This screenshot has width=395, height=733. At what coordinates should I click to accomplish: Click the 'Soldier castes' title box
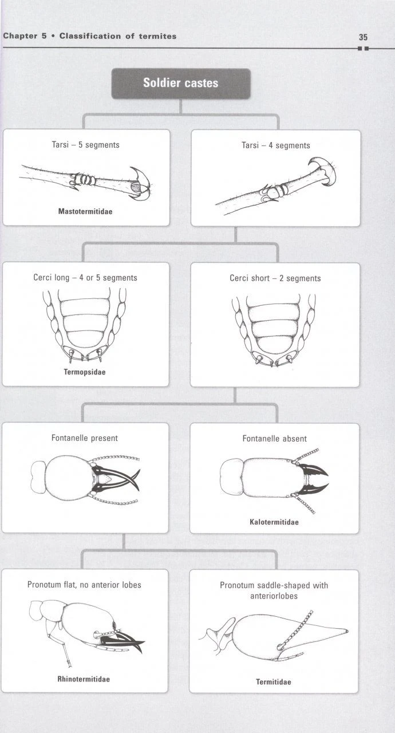click(180, 84)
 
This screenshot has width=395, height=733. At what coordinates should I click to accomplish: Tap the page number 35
click(363, 37)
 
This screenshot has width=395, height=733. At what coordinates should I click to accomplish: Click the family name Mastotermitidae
click(85, 211)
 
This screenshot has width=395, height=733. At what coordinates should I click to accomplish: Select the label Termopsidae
click(84, 372)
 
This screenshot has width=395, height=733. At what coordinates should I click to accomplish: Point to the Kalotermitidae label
click(274, 522)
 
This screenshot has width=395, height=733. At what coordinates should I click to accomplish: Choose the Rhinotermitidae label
click(84, 679)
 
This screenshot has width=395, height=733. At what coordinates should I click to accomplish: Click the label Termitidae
click(273, 681)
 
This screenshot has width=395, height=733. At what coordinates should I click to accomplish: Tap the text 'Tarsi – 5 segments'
click(85, 145)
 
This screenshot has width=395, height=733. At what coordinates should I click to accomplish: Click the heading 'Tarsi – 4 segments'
click(275, 145)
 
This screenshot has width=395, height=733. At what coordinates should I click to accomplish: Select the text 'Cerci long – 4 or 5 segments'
click(85, 278)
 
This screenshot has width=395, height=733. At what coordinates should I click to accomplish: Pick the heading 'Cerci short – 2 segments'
click(275, 278)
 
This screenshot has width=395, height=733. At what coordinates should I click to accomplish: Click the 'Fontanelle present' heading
click(85, 438)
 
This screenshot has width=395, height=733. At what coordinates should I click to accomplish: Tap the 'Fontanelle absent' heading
click(274, 439)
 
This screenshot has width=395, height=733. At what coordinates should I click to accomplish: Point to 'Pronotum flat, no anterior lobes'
click(84, 585)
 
